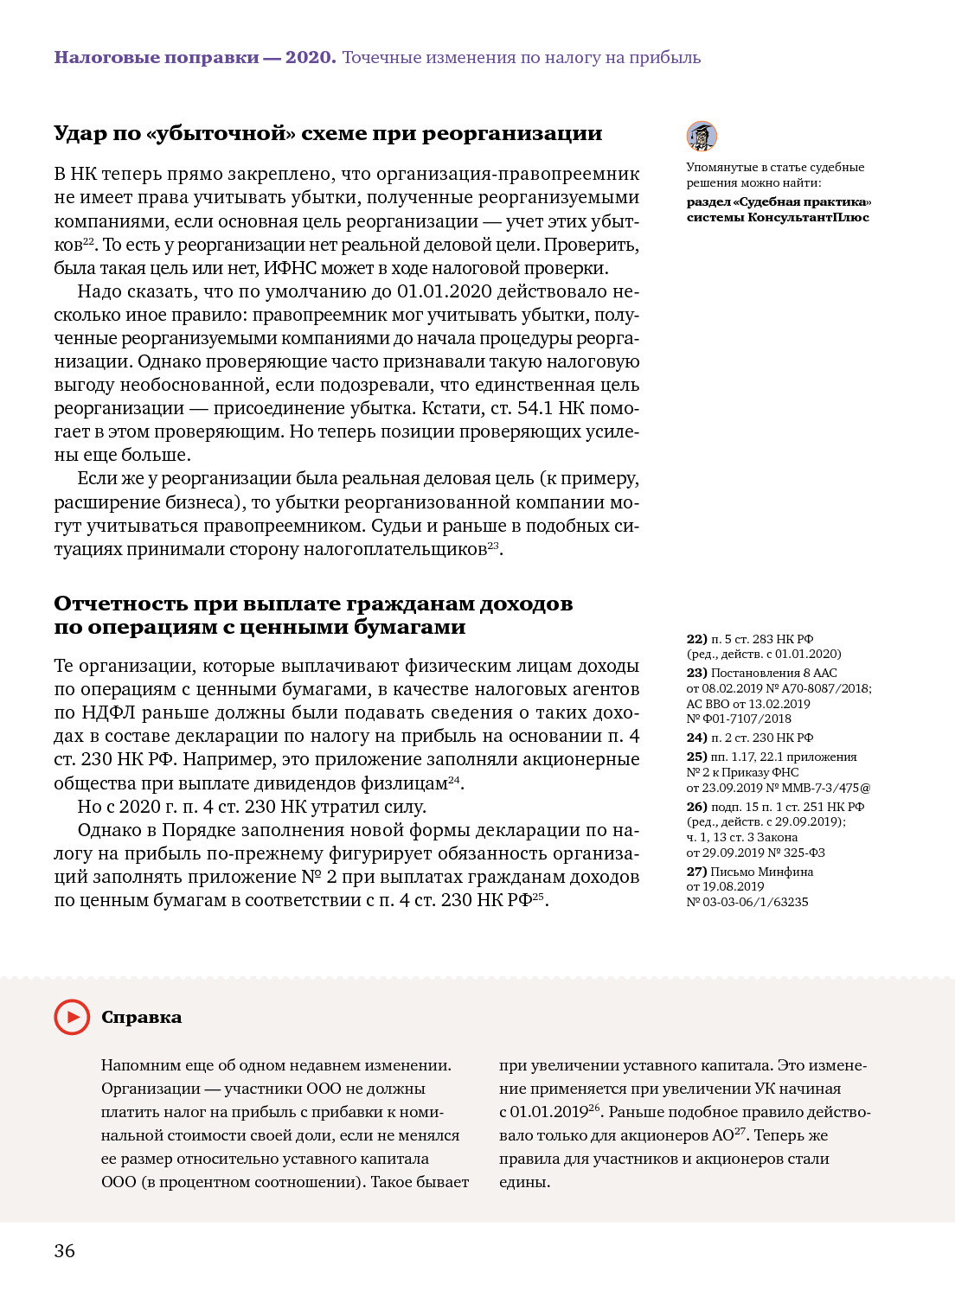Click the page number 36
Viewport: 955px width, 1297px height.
point(65,1251)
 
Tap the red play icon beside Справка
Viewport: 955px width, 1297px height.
point(72,1017)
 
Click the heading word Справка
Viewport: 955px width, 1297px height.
point(141,1018)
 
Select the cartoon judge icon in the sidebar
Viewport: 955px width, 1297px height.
point(702,137)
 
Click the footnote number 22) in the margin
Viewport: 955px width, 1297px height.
point(696,639)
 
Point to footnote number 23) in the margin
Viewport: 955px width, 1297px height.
point(696,673)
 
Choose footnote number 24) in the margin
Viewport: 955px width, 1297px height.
point(696,738)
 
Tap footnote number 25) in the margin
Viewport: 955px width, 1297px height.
point(696,757)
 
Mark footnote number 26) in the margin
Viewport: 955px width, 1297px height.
point(696,807)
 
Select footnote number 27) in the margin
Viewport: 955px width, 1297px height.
point(696,872)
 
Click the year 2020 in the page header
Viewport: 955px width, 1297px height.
point(310,58)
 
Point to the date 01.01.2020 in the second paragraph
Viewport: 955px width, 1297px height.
point(444,291)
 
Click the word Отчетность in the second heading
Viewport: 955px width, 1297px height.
point(120,604)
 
